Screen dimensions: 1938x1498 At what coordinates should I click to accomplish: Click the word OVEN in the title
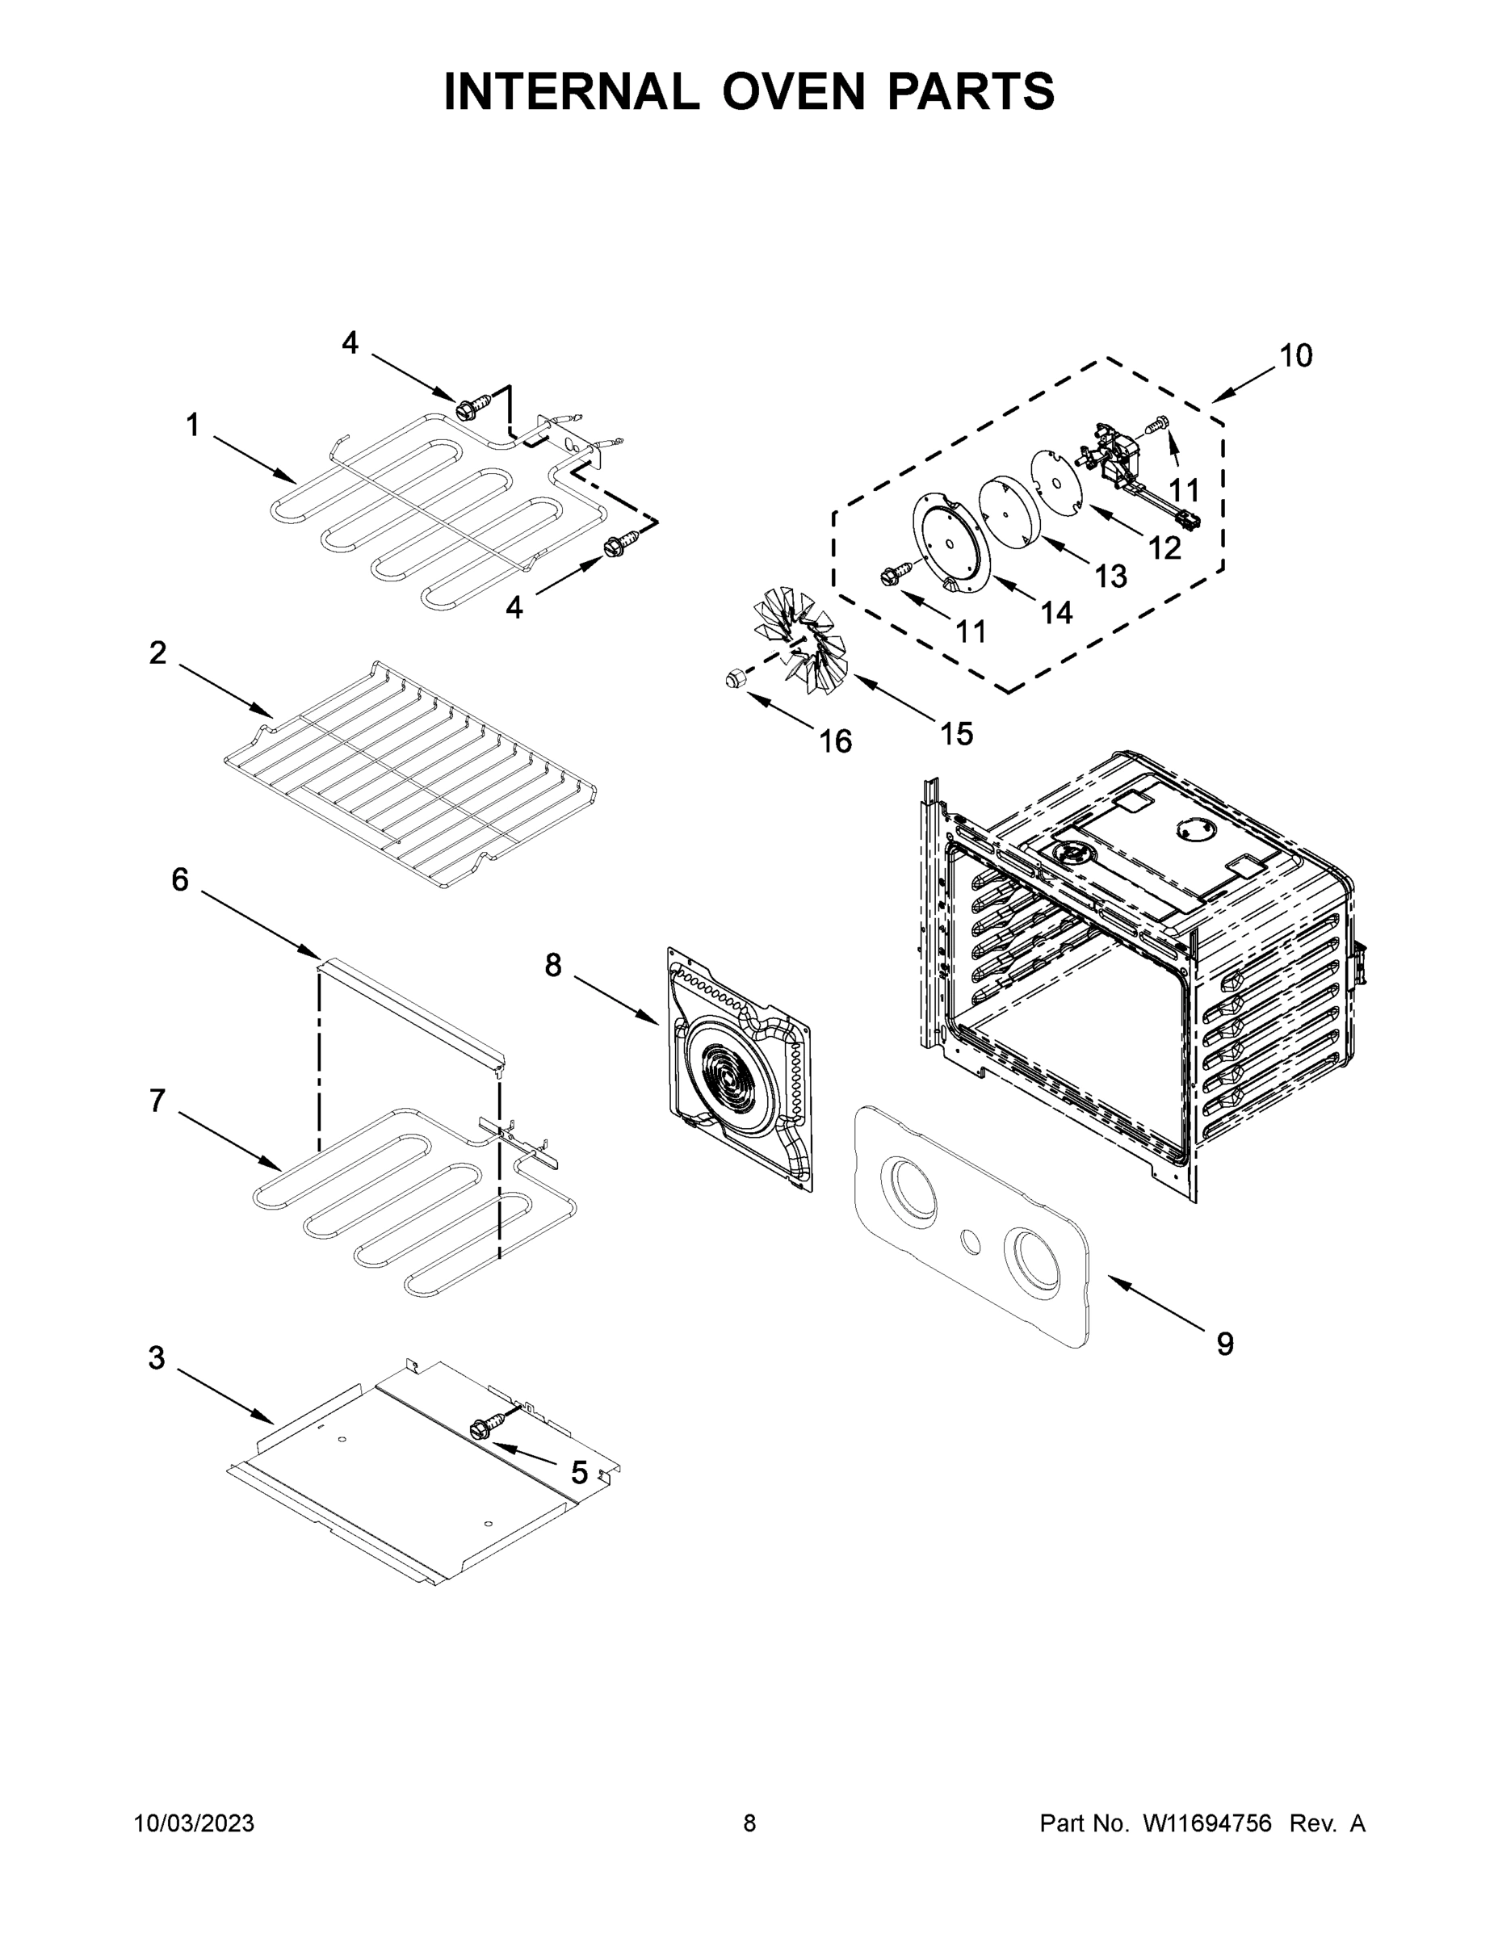point(792,91)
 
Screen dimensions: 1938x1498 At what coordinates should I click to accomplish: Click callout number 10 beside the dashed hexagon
point(1294,356)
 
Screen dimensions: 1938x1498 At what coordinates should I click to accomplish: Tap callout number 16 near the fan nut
point(835,741)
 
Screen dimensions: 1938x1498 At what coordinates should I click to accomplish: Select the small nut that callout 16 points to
point(733,680)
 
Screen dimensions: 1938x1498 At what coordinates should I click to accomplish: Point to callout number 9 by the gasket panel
point(1225,1344)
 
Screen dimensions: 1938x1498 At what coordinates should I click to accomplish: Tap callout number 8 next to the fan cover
point(553,966)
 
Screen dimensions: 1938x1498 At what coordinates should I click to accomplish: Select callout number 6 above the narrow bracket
point(180,879)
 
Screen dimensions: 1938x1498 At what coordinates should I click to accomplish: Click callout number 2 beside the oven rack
point(158,653)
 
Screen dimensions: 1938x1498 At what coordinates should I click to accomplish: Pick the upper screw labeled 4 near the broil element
point(466,410)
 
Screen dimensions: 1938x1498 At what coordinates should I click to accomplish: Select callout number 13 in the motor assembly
point(1110,576)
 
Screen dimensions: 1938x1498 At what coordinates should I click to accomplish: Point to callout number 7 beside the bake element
point(157,1101)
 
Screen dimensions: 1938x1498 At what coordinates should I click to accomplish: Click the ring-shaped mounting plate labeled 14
point(949,541)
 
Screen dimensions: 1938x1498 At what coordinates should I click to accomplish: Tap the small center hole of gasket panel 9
point(971,1242)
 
